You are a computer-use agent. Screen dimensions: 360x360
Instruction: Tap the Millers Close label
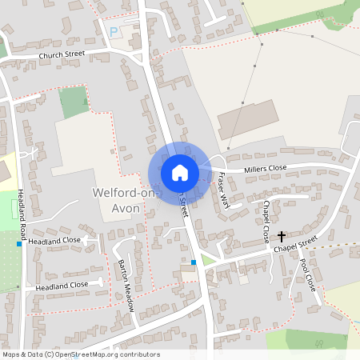[x=266, y=168]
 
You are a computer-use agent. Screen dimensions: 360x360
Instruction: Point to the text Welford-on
[x=125, y=194]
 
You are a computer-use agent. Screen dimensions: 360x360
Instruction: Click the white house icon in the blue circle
[x=179, y=172]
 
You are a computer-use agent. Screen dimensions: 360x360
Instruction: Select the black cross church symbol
[x=282, y=236]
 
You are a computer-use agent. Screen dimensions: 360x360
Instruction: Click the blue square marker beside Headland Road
[x=19, y=243]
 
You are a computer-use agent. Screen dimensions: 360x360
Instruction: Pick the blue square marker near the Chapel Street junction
[x=194, y=262]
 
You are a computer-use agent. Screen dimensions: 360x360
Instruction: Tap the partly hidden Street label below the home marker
[x=184, y=206]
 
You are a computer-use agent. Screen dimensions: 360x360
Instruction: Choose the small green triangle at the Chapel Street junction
[x=207, y=260]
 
